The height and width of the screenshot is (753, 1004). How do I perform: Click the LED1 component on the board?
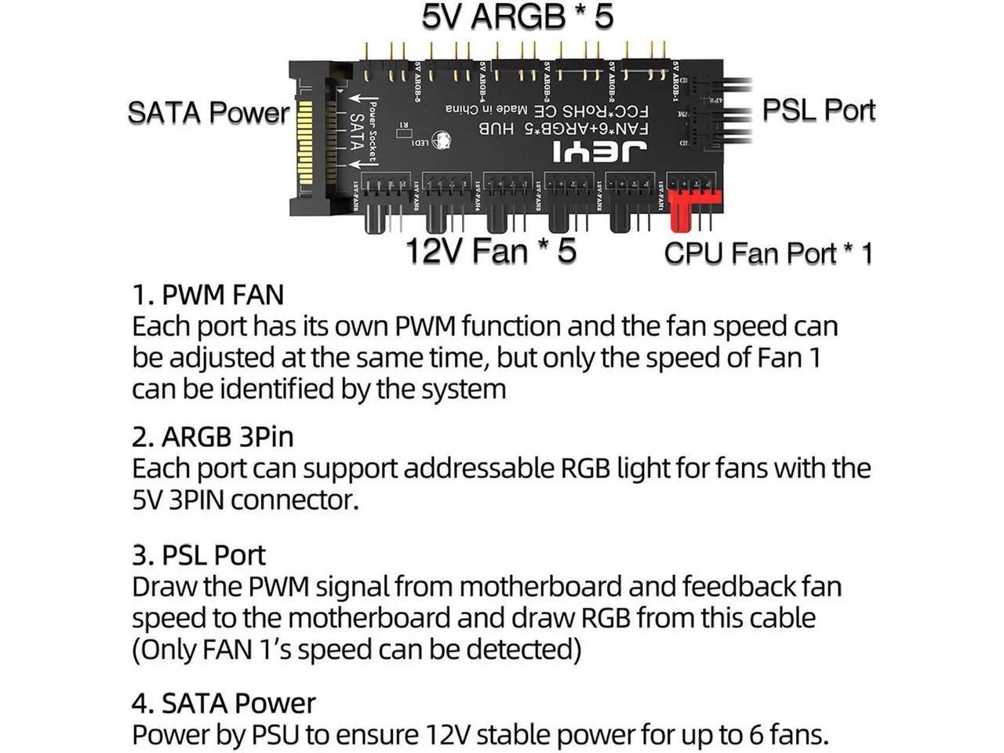(x=422, y=142)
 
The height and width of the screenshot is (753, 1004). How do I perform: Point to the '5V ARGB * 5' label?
(x=518, y=17)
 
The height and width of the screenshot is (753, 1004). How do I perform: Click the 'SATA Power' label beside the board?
(x=208, y=112)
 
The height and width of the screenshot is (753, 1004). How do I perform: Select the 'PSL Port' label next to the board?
(x=818, y=110)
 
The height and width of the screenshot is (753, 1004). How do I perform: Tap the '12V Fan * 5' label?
(x=490, y=251)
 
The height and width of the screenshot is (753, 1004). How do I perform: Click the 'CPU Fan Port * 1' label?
(x=768, y=253)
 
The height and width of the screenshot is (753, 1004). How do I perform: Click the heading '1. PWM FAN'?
(x=208, y=295)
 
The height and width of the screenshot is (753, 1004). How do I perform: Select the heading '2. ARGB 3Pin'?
(x=213, y=437)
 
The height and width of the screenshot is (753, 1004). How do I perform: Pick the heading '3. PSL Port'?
(x=198, y=555)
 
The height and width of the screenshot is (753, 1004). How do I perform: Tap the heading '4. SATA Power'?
(x=224, y=703)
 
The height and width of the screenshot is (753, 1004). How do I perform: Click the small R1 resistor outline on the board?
(x=405, y=125)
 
